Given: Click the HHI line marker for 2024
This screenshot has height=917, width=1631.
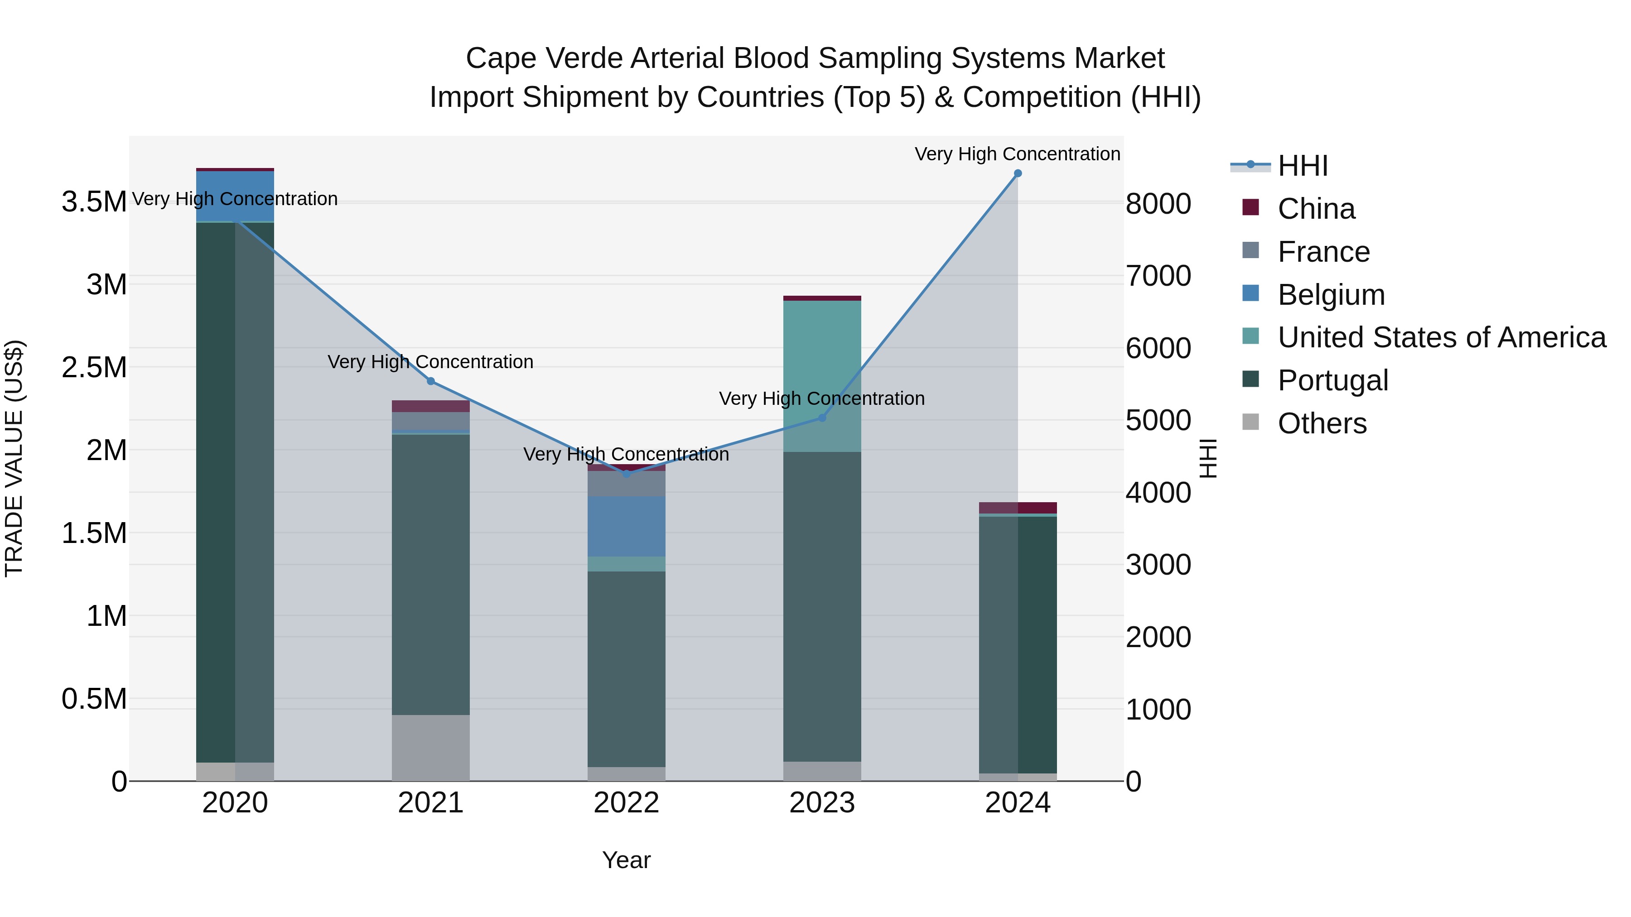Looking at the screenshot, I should click(1018, 173).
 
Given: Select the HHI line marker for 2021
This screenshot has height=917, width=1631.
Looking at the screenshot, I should click(430, 381).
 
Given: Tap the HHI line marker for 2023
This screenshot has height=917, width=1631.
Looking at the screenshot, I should click(822, 418).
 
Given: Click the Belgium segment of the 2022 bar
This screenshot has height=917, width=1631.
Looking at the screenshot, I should click(626, 527).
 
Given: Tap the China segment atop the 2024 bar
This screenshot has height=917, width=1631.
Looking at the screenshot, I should click(1018, 508).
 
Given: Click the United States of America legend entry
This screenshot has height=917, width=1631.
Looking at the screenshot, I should click(1441, 337).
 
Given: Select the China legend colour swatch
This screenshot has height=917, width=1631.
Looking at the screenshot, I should click(1250, 207).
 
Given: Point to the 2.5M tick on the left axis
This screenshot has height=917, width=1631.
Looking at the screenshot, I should click(94, 368).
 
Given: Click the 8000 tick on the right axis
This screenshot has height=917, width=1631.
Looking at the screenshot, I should click(1158, 204).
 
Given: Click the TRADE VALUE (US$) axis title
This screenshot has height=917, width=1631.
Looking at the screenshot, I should click(14, 458).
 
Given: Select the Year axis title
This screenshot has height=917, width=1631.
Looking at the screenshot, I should click(626, 860).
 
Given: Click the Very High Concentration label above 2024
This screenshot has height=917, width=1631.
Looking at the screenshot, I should click(1018, 154).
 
